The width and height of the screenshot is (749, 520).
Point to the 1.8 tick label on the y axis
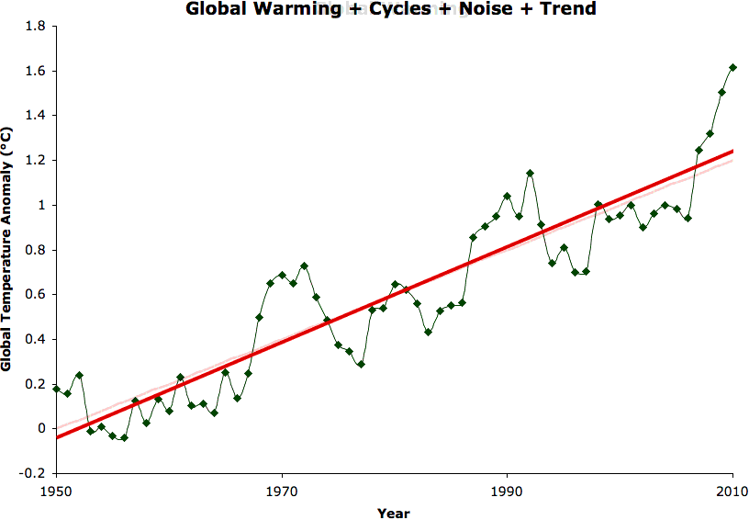pos(34,27)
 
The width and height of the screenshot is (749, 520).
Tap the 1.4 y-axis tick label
pos(34,116)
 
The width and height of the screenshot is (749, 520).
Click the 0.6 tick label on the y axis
pos(34,295)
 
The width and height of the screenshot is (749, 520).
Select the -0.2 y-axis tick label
pos(32,473)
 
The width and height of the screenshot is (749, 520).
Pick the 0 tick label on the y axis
pos(41,429)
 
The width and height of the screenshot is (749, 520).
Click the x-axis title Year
pos(394,513)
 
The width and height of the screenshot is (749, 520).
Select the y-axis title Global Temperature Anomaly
pos(8,249)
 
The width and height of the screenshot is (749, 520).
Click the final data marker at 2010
pos(732,67)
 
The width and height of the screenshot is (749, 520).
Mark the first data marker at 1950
pos(56,389)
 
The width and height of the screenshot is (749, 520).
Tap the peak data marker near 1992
pos(530,173)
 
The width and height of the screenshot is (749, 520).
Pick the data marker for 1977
pos(361,364)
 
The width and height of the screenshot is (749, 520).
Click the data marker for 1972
pos(304,266)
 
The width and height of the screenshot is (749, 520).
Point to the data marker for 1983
pos(428,332)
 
